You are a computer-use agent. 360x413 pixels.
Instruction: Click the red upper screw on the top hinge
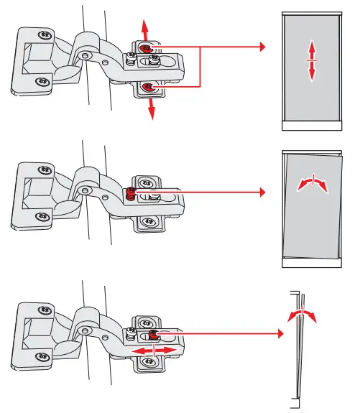point(146,48)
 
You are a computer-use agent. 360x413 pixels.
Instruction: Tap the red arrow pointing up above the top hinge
point(144,30)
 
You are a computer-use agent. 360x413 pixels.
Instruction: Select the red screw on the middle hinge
point(130,192)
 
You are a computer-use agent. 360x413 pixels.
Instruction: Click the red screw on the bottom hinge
point(153,335)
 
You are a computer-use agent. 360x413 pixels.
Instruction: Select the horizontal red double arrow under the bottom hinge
point(154,350)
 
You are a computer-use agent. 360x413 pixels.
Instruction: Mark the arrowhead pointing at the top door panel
point(262,48)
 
